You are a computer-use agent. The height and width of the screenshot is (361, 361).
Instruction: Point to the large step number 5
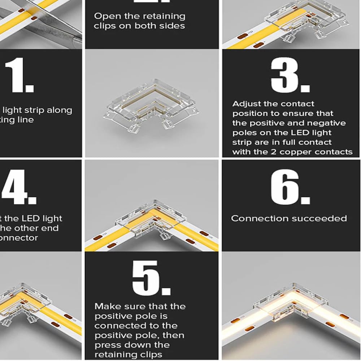point(151,278)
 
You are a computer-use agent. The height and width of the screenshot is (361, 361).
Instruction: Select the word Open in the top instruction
point(104,16)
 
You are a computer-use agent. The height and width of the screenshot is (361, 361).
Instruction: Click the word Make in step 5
point(105,306)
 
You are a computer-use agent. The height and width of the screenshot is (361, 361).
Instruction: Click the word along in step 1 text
point(58,110)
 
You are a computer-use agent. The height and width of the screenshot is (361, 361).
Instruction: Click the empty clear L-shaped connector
point(150,105)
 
